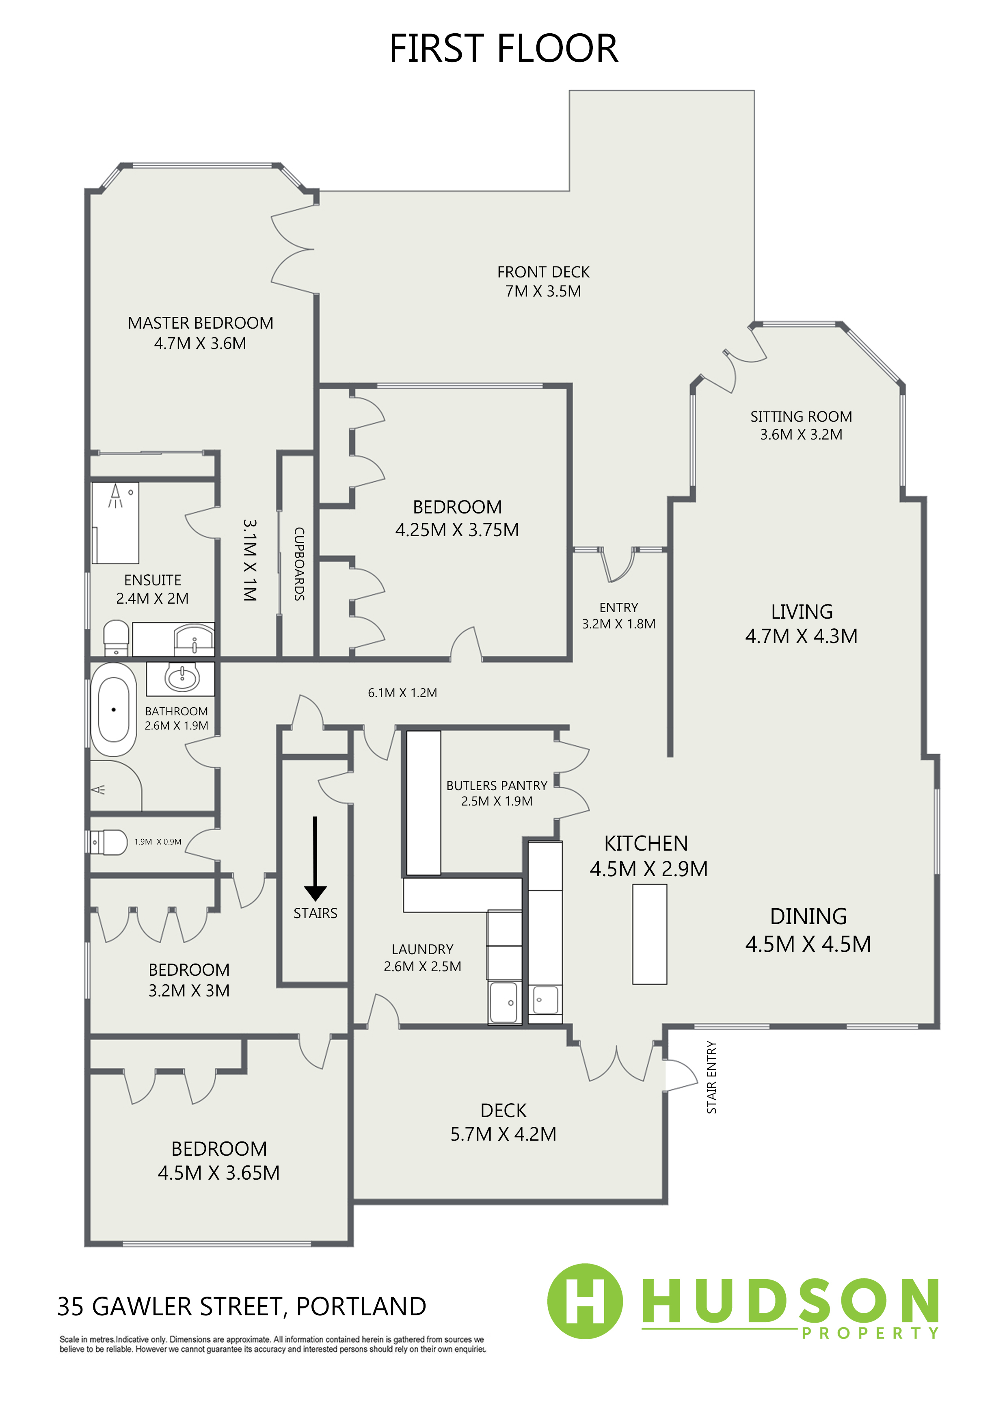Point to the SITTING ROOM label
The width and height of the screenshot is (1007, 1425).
pyautogui.click(x=801, y=416)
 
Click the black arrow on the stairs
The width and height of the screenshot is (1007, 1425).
pyautogui.click(x=315, y=858)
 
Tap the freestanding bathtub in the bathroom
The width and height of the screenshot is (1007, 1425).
pyautogui.click(x=114, y=709)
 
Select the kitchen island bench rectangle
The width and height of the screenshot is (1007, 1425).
pyautogui.click(x=650, y=934)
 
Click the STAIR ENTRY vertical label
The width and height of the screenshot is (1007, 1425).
pyautogui.click(x=712, y=1077)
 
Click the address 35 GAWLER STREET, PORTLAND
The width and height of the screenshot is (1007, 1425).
pyautogui.click(x=241, y=1306)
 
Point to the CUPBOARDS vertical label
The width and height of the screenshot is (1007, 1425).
pyautogui.click(x=299, y=563)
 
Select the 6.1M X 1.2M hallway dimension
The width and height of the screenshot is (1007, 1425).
pyautogui.click(x=403, y=693)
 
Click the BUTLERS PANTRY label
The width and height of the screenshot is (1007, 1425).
pyautogui.click(x=497, y=786)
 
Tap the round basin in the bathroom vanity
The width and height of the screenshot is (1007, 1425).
pyautogui.click(x=182, y=676)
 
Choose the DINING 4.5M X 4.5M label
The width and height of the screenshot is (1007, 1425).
pyautogui.click(x=808, y=930)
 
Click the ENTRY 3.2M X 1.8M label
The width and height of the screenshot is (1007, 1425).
pyautogui.click(x=618, y=616)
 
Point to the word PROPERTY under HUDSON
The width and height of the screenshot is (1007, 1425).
pyautogui.click(x=870, y=1333)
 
